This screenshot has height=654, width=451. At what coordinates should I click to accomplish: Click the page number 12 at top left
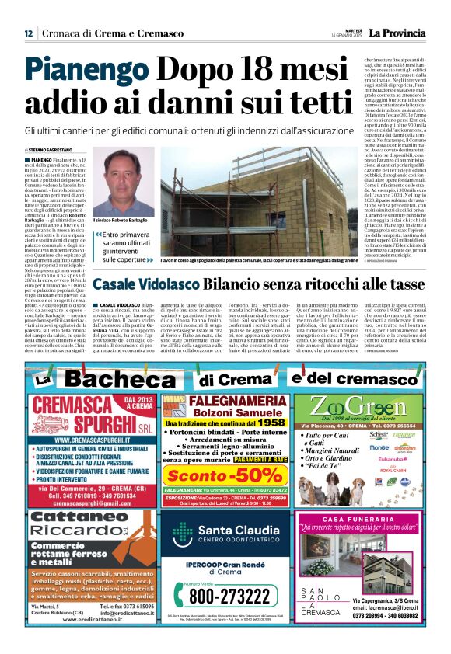click(x=29, y=33)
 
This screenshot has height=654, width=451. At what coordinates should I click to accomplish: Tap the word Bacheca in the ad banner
click(x=126, y=380)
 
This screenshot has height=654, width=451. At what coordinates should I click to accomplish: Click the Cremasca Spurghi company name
click(x=77, y=420)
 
